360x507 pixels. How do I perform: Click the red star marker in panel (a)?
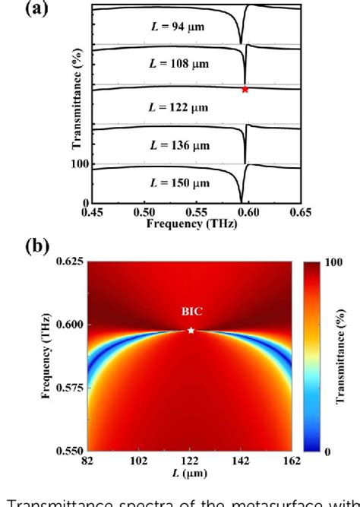coord(245,90)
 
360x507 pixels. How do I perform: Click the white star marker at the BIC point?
coord(191,330)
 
